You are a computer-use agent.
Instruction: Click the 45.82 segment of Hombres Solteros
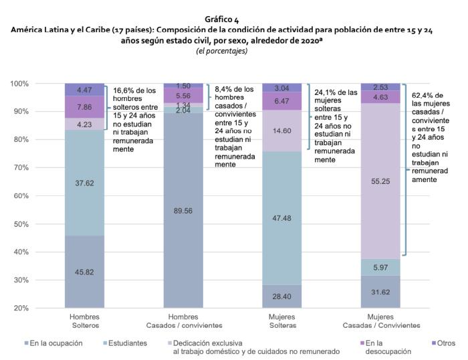84,271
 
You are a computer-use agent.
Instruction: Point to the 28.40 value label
281,296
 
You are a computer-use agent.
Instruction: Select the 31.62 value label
380,292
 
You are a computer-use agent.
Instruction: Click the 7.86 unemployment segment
84,106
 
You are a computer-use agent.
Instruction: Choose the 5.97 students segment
380,267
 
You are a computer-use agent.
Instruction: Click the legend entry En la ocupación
57,343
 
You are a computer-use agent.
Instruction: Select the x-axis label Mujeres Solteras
281,321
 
